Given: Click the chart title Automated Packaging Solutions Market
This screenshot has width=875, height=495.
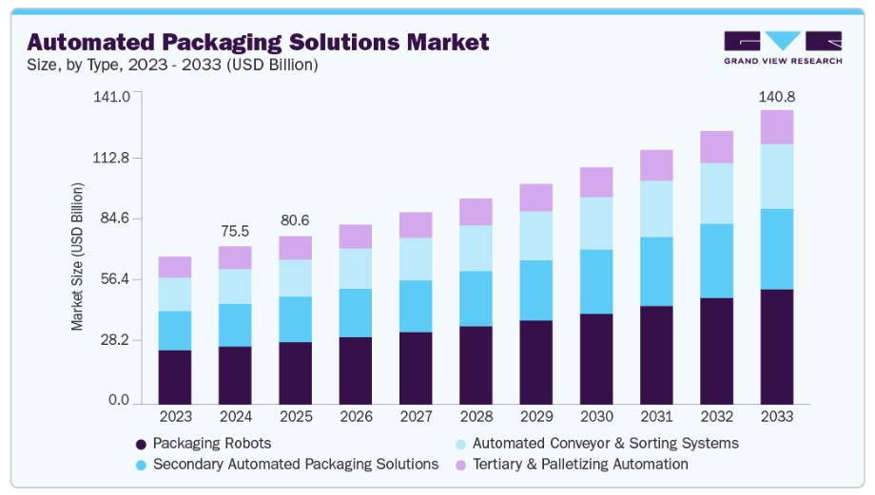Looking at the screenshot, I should (258, 42).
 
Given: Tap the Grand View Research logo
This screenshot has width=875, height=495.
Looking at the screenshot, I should (782, 47).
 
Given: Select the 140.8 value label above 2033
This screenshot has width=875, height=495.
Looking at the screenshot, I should (776, 96).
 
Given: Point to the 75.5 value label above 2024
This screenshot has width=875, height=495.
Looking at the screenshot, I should (235, 231).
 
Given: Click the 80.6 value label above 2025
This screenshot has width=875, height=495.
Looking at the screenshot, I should (295, 220).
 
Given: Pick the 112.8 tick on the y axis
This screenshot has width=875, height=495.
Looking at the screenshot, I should (110, 158).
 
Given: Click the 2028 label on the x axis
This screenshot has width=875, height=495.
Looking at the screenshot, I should (476, 416).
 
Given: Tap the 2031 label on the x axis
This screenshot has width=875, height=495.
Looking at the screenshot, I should (656, 416).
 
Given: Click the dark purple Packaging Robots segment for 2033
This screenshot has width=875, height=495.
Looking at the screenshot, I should (777, 346).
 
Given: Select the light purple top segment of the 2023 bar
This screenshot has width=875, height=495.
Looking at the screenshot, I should (175, 267).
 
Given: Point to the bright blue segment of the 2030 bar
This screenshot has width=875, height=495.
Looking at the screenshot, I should (596, 281).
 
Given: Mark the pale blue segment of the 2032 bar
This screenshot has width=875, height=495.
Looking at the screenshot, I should (716, 193).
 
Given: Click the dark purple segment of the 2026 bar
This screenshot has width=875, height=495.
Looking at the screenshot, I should (356, 369).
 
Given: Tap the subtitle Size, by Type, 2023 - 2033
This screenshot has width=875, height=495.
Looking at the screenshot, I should (173, 66).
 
